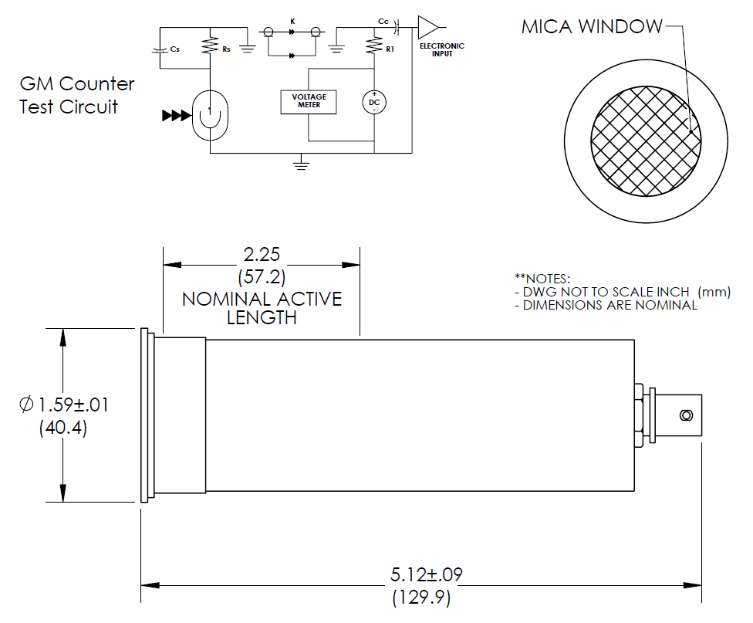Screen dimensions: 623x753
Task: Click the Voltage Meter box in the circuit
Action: pyautogui.click(x=309, y=101)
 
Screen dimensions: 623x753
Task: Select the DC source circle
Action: pyautogui.click(x=374, y=102)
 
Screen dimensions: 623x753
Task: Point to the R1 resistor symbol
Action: pyautogui.click(x=374, y=47)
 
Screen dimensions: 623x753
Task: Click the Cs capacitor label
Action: pyautogui.click(x=176, y=49)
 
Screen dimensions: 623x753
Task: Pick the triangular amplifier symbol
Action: pyautogui.click(x=427, y=27)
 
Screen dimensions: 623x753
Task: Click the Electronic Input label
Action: pyautogui.click(x=441, y=49)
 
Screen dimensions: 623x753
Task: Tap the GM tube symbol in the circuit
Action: pyautogui.click(x=209, y=116)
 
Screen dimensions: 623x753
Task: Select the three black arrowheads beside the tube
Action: pyautogui.click(x=175, y=116)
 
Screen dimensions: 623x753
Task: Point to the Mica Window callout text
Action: pyautogui.click(x=591, y=27)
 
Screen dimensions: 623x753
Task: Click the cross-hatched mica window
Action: pyautogui.click(x=647, y=140)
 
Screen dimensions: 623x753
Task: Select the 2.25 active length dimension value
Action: pyautogui.click(x=261, y=255)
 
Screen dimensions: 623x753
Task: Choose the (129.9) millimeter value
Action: pyautogui.click(x=421, y=597)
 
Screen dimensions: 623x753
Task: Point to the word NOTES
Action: pyautogui.click(x=545, y=278)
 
